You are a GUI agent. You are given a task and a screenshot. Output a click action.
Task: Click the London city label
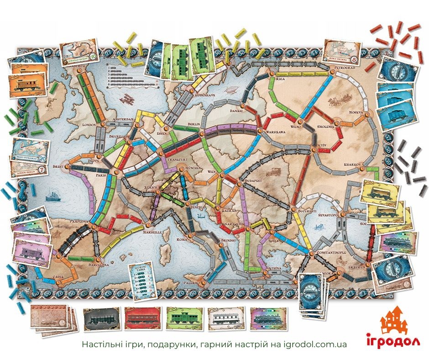88,124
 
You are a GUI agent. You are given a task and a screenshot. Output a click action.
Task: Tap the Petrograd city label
341,67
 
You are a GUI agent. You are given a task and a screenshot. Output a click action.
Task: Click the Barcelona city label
99,264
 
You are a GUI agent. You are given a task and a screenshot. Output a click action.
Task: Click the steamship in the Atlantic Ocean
52,198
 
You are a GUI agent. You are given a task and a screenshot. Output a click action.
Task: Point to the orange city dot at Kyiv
314,147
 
